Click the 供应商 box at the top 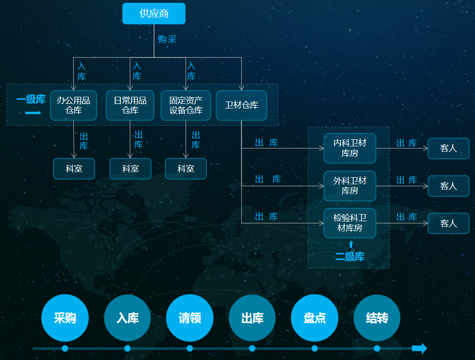[154, 14]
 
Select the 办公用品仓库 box [74, 105]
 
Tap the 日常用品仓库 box [130, 105]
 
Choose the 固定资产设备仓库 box [186, 105]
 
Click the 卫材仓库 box [241, 105]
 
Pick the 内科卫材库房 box [350, 148]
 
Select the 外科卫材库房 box [350, 186]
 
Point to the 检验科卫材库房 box [350, 223]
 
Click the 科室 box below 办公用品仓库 [74, 169]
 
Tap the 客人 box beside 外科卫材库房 [448, 186]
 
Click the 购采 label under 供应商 [167, 39]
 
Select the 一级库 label [31, 99]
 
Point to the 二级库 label [350, 257]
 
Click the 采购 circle [65, 318]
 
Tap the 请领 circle [190, 318]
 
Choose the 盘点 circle [314, 318]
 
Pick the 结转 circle [377, 318]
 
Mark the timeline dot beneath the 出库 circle [252, 348]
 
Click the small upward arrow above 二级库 [351, 245]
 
